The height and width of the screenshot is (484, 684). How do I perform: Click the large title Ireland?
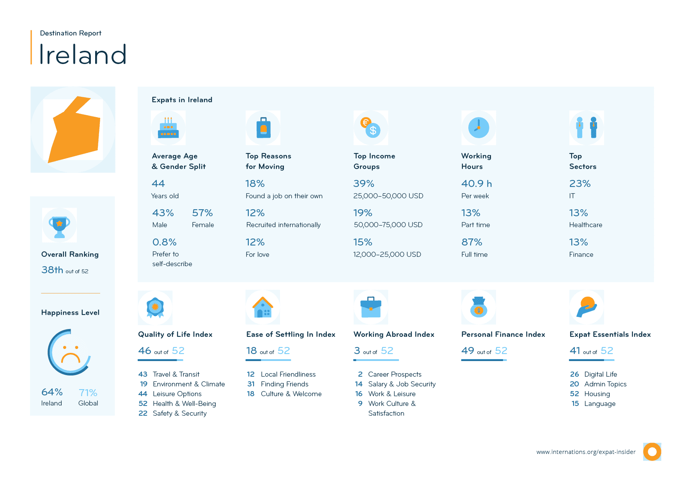click(83, 55)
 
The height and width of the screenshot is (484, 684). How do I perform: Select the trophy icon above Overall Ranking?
click(59, 226)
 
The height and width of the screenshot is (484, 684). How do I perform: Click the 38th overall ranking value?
click(52, 270)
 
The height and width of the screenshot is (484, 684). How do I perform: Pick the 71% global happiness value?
click(88, 393)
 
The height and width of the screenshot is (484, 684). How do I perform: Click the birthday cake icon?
click(168, 128)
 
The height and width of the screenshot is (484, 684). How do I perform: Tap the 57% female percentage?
click(202, 213)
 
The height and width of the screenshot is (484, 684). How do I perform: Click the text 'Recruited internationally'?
click(284, 225)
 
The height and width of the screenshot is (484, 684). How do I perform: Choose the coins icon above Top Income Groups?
click(370, 128)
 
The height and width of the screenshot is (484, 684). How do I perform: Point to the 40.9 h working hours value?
click(476, 184)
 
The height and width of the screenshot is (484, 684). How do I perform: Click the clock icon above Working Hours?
click(478, 128)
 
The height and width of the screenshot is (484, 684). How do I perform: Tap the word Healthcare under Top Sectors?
click(585, 225)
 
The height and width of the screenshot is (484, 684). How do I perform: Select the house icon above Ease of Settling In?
click(263, 308)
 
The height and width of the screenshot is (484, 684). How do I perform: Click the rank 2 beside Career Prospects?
click(360, 374)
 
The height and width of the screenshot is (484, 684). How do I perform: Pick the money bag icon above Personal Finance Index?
click(478, 308)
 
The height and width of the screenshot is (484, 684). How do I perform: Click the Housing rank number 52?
click(574, 394)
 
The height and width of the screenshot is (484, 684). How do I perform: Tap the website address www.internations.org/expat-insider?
click(586, 452)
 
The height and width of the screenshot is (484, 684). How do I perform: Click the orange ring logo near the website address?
click(652, 452)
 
